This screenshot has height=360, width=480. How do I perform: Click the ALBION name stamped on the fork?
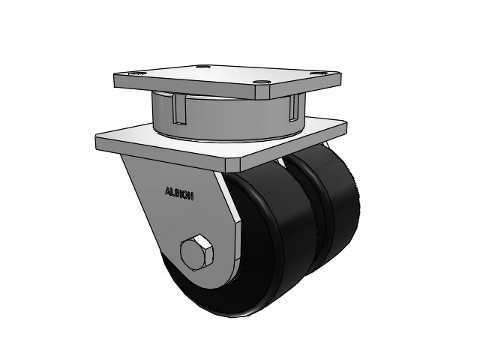tap(179, 193)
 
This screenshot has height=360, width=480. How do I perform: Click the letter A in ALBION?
tap(167, 191)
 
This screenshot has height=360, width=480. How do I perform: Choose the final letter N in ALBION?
tap(192, 196)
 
